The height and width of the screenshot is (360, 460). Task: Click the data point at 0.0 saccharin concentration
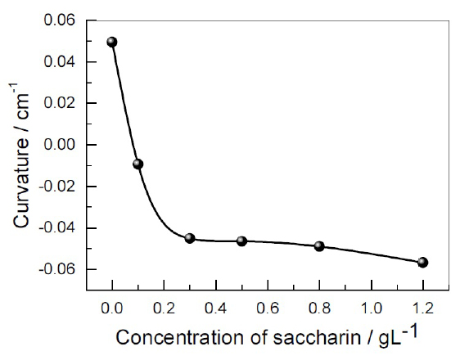click(x=112, y=42)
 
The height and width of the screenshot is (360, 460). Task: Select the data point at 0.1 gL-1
click(x=138, y=164)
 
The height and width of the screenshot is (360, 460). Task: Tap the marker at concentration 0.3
click(x=190, y=238)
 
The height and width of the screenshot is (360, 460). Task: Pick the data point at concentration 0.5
click(x=241, y=241)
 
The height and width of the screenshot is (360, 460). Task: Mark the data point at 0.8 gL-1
click(x=319, y=245)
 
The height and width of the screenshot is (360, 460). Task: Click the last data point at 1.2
click(x=422, y=262)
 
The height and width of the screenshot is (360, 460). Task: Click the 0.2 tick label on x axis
click(x=164, y=309)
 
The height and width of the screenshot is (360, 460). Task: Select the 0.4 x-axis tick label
click(x=215, y=309)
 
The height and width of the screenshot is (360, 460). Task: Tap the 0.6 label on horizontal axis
click(x=267, y=309)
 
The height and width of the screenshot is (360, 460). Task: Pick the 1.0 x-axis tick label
click(x=371, y=309)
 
